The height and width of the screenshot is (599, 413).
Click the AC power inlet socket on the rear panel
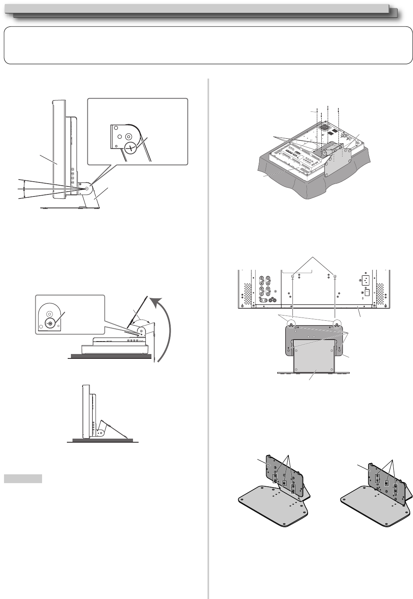[x=365, y=280]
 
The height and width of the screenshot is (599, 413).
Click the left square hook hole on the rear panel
[x=293, y=277]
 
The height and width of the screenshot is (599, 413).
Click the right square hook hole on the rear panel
[x=335, y=277]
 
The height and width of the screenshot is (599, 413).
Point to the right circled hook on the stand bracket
[x=337, y=324]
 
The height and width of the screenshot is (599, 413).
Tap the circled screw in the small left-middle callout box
[x=49, y=323]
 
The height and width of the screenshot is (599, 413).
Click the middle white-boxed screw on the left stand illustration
[x=284, y=483]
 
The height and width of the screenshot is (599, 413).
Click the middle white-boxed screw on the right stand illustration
[x=386, y=484]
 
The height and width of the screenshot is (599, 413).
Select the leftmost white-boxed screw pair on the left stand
[x=275, y=478]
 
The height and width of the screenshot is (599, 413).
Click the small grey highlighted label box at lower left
[x=23, y=479]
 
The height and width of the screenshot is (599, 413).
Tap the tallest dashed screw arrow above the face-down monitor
[x=328, y=116]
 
